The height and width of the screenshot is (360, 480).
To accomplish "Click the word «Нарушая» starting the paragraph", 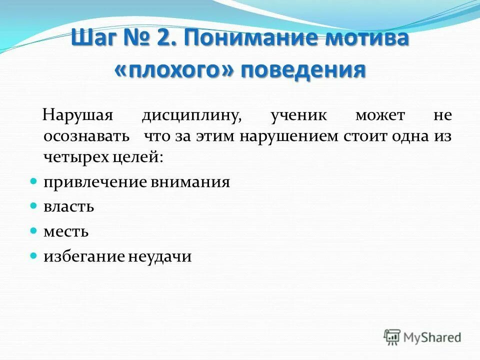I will [x=75, y=115].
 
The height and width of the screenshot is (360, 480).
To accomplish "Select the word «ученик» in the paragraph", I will [x=299, y=115].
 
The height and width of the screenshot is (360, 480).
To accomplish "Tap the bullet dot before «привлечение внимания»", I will [x=33, y=181].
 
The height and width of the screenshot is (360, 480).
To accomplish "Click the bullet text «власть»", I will [x=68, y=206].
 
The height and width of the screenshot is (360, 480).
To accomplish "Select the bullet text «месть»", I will [x=66, y=231].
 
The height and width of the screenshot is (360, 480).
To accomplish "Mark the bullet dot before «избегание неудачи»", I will [x=33, y=255].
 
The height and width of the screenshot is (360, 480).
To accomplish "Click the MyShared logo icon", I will [x=392, y=336].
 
